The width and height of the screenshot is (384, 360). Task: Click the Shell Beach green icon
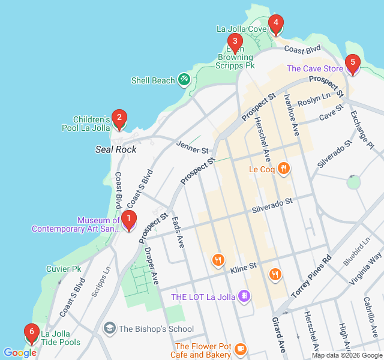pos(184,80)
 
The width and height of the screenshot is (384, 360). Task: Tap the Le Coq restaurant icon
pos(284,169)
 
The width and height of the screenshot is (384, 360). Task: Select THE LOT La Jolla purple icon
pos(243,296)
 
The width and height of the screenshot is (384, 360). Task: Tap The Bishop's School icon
pos(109,328)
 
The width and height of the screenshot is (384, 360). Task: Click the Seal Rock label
pos(116,149)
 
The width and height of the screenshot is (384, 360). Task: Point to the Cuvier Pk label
pos(64,269)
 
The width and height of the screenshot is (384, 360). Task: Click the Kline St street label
pos(244,266)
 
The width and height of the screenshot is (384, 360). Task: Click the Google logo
pos(20,353)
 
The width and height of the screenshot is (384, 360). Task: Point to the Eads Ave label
pos(178,232)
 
